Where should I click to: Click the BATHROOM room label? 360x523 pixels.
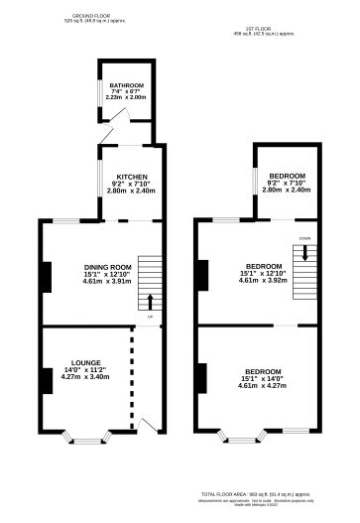(x=127, y=85)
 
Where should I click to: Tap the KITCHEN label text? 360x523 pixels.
(x=132, y=176)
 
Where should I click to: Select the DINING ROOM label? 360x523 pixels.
(x=107, y=267)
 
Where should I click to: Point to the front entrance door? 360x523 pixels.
(x=148, y=424)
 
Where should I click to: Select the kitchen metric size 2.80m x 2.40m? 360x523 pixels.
(x=132, y=190)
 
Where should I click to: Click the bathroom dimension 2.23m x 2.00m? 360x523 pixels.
(x=127, y=98)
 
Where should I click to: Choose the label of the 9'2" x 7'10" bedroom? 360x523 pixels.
(x=285, y=176)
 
